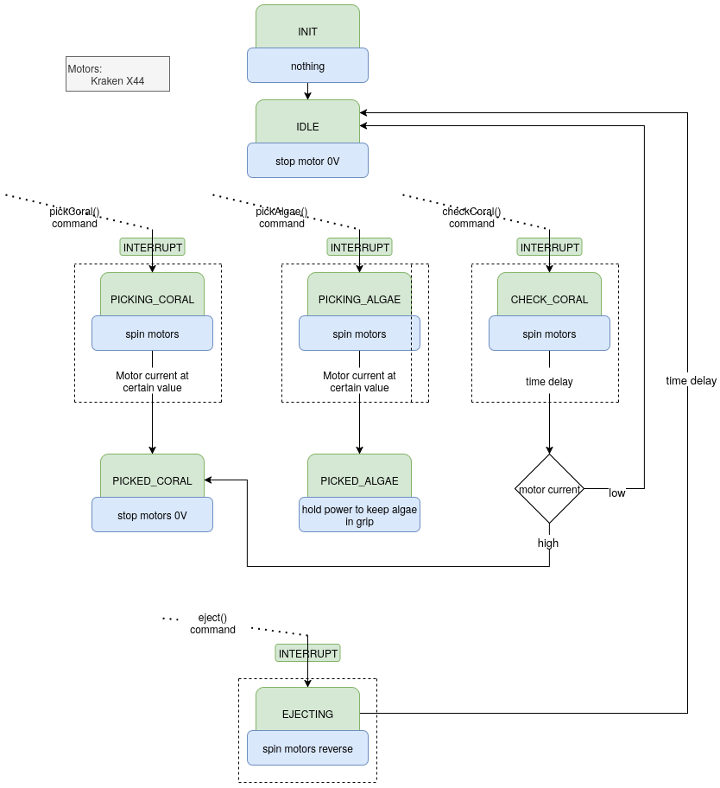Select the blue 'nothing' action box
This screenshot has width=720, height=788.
pyautogui.click(x=307, y=66)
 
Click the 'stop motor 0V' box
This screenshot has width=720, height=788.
pyautogui.click(x=307, y=161)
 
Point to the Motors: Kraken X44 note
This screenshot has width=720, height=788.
pyautogui.click(x=117, y=74)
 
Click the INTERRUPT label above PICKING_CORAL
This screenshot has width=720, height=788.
pyautogui.click(x=152, y=247)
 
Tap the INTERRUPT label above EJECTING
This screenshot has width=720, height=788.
pyautogui.click(x=307, y=653)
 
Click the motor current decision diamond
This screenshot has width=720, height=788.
pyautogui.click(x=549, y=489)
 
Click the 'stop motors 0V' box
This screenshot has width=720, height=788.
pyautogui.click(x=152, y=515)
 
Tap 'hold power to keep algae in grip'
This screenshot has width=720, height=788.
pyautogui.click(x=359, y=515)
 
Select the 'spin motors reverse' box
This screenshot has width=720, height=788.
pyautogui.click(x=307, y=748)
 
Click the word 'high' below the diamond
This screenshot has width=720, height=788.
pyautogui.click(x=548, y=543)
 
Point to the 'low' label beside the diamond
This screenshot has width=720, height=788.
pyautogui.click(x=617, y=493)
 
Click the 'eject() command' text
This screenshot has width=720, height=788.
pyautogui.click(x=212, y=624)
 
